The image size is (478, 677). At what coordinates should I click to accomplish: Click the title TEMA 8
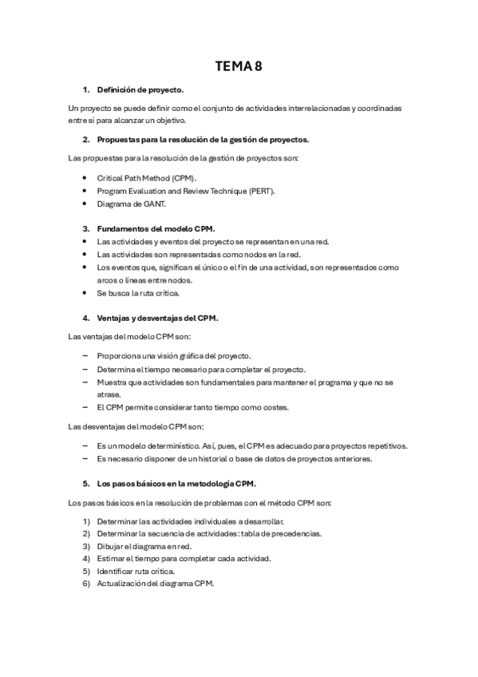tap(239, 66)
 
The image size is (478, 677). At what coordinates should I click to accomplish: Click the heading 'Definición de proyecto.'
tap(140, 89)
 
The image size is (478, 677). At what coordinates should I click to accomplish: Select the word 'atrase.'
tap(109, 394)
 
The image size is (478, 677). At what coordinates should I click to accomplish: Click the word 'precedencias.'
tap(297, 533)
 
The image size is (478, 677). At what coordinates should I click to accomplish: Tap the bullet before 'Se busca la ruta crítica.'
tap(85, 292)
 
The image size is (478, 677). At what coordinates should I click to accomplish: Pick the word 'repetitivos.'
tap(385, 445)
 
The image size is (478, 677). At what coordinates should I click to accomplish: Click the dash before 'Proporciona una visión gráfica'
tap(85, 355)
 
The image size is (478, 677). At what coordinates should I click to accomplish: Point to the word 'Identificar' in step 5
tap(116, 571)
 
